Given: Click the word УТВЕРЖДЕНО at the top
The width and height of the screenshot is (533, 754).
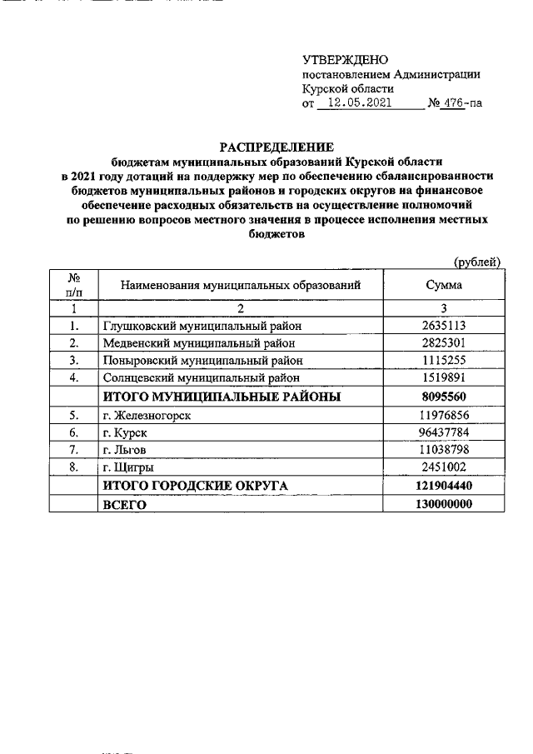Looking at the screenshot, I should pyautogui.click(x=345, y=59).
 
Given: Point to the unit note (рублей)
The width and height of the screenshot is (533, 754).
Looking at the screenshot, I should pyautogui.click(x=476, y=262).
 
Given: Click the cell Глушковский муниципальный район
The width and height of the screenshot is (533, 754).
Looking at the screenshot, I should pyautogui.click(x=201, y=326).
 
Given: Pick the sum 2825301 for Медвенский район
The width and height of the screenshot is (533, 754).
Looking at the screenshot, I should pyautogui.click(x=444, y=342).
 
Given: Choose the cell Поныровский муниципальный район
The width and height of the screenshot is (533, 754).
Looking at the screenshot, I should pyautogui.click(x=201, y=360).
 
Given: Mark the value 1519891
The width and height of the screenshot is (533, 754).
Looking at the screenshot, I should pyautogui.click(x=444, y=377).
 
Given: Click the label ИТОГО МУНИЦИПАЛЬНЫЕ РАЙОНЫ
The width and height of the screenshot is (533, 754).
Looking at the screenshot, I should pyautogui.click(x=221, y=396).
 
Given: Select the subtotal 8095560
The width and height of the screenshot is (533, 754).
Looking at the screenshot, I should pyautogui.click(x=444, y=396).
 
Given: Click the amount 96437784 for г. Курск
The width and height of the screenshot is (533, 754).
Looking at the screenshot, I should pyautogui.click(x=444, y=432).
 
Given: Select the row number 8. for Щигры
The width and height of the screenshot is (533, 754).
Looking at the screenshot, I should pyautogui.click(x=74, y=467).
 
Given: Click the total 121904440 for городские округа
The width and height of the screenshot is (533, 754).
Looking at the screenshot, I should pyautogui.click(x=444, y=486).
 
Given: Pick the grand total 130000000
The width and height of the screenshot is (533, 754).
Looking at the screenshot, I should pyautogui.click(x=444, y=504).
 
